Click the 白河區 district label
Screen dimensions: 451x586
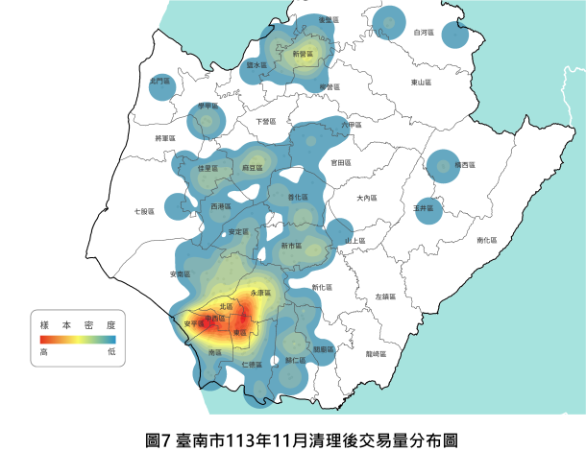point(422,33)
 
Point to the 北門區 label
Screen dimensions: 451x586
point(159,82)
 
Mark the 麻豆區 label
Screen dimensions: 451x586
point(253,168)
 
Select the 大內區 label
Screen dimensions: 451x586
point(365,199)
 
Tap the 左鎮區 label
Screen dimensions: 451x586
point(385,297)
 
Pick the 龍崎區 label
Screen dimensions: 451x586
point(377,355)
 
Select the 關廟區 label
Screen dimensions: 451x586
point(324,349)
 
